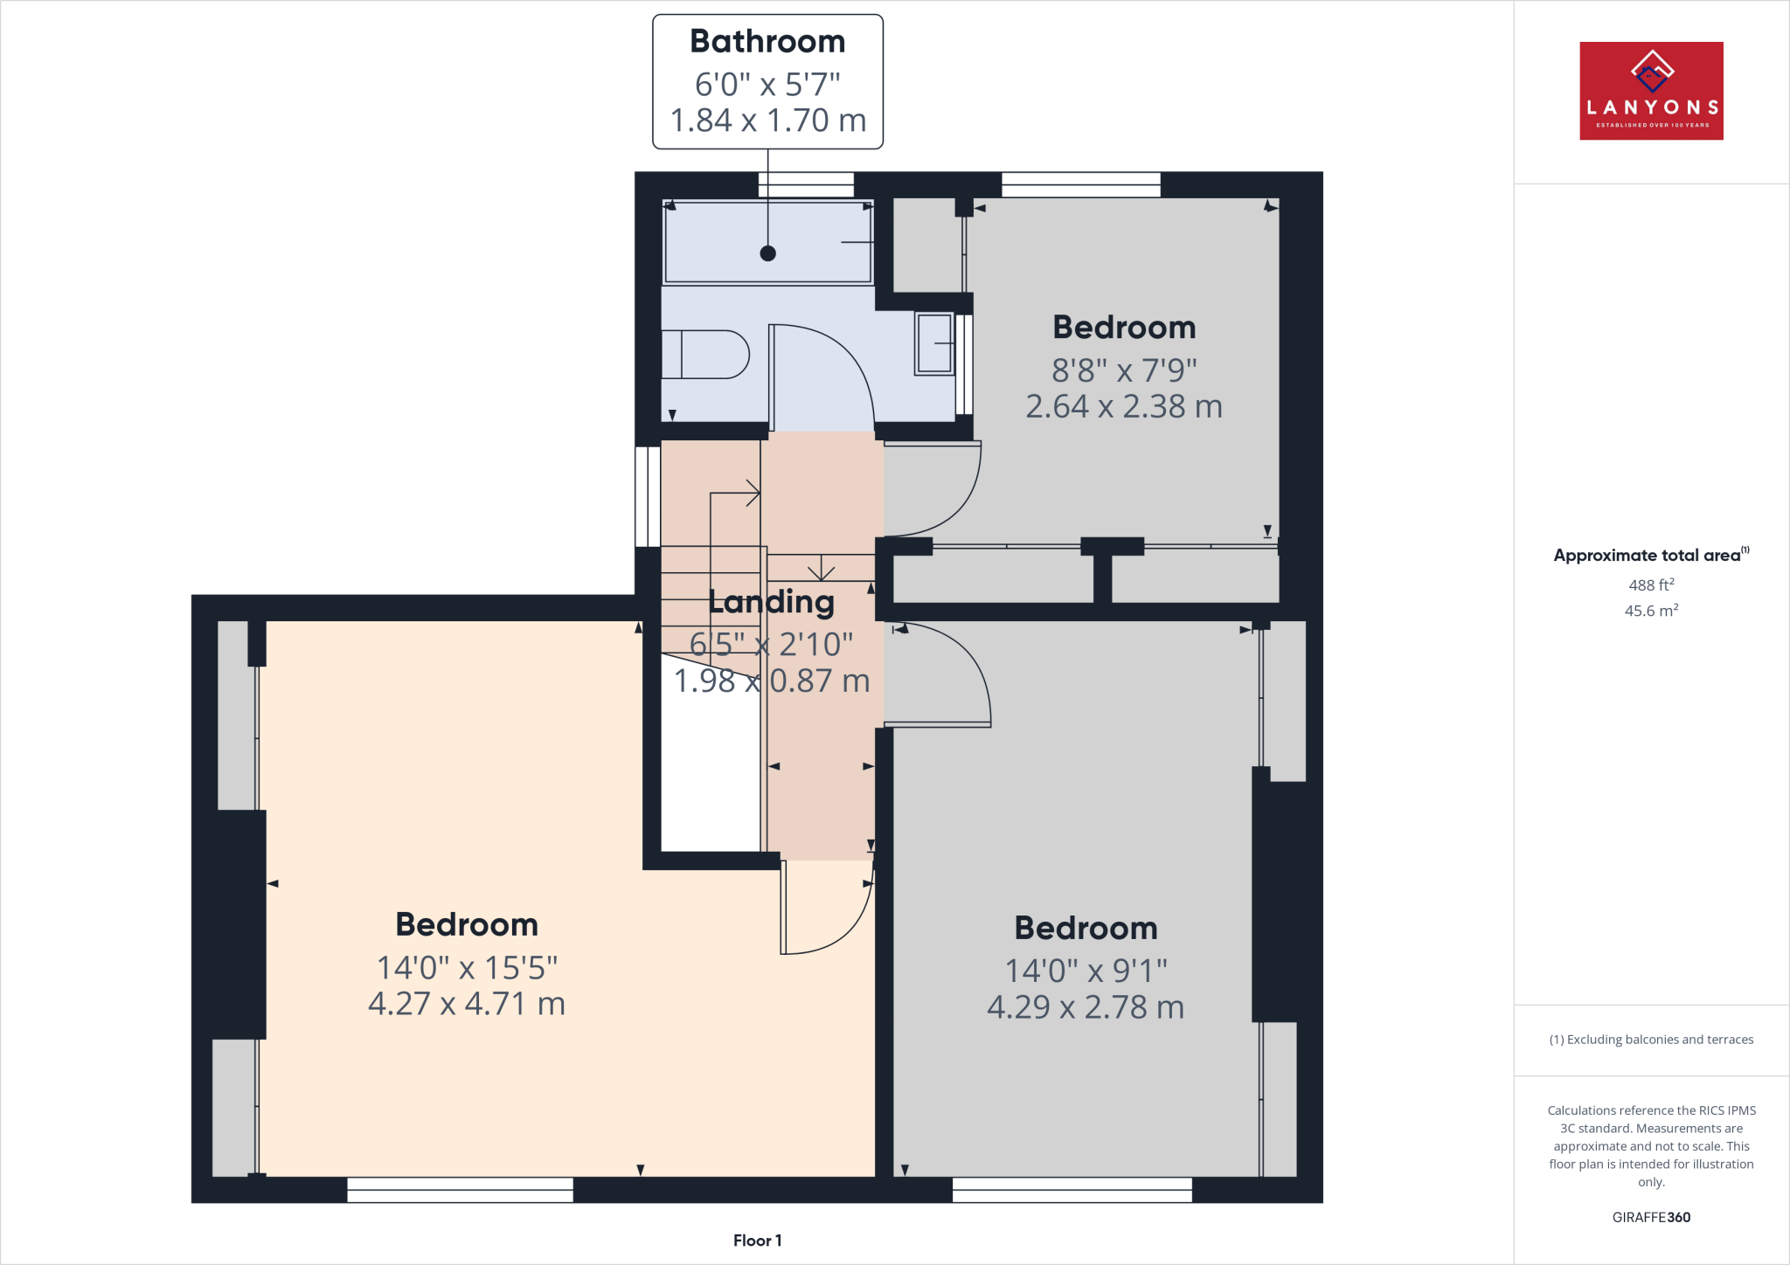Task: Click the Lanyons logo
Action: [x=1651, y=90]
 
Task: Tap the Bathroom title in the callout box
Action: [x=767, y=41]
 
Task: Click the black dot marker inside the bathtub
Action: [x=767, y=253]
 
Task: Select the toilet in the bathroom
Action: [x=704, y=354]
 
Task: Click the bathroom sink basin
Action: [x=934, y=343]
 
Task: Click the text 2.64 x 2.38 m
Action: [x=1123, y=406]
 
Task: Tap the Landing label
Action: [x=771, y=601]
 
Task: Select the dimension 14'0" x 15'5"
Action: [x=467, y=967]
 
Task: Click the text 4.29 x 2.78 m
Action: [x=1086, y=1007]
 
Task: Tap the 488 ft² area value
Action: [x=1651, y=584]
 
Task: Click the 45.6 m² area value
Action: [x=1651, y=610]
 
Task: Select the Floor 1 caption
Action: [x=757, y=1240]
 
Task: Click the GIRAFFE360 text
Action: [x=1651, y=1217]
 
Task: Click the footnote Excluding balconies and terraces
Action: [x=1651, y=1039]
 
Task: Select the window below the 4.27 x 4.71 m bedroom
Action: [x=460, y=1189]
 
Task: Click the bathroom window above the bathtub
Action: [x=805, y=184]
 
